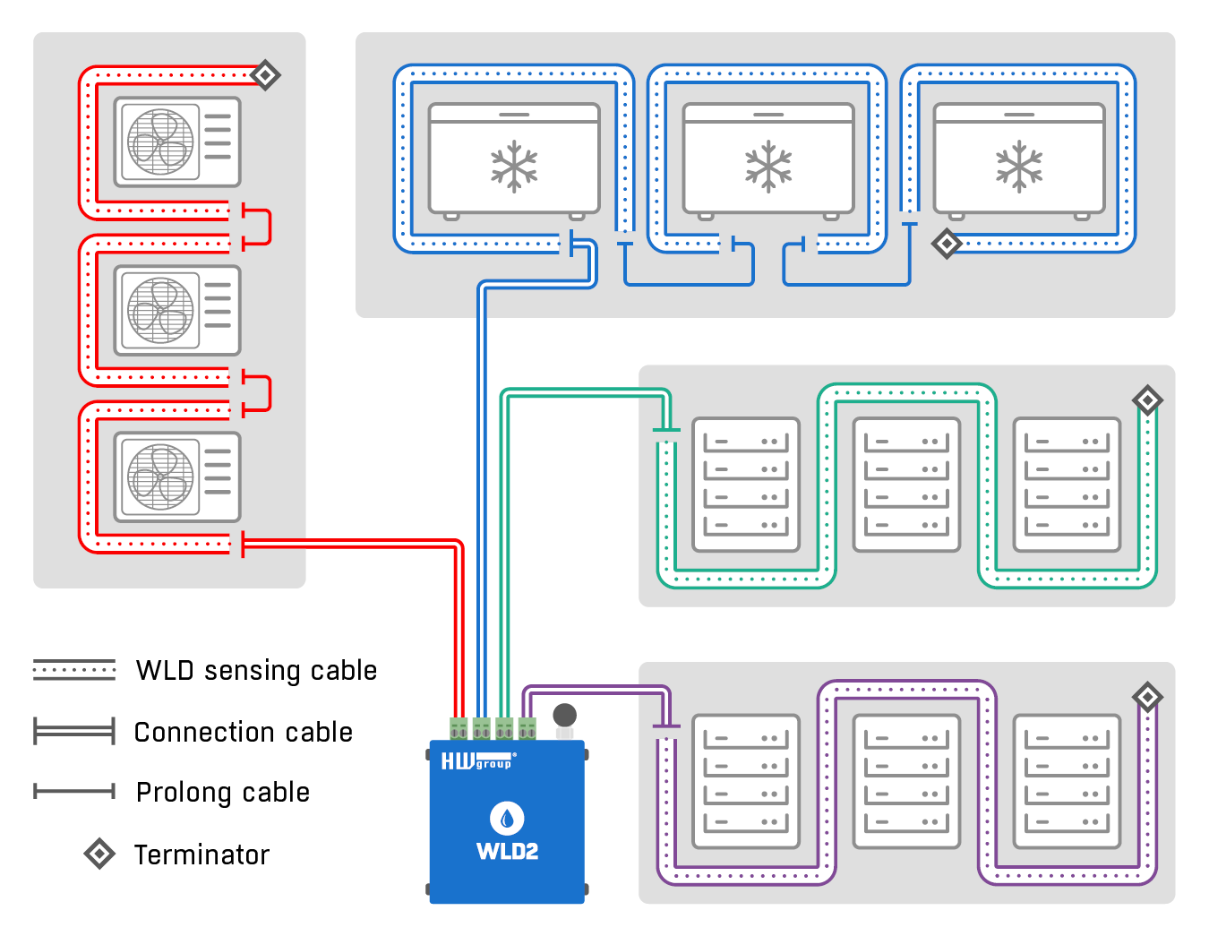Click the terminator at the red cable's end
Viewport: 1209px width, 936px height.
pyautogui.click(x=265, y=74)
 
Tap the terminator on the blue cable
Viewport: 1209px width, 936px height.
pyautogui.click(x=947, y=243)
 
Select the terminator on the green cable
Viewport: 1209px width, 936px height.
pyautogui.click(x=1147, y=399)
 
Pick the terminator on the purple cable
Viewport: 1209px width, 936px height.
pyautogui.click(x=1147, y=697)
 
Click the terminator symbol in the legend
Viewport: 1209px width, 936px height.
pyautogui.click(x=99, y=854)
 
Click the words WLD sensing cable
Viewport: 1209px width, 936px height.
pyautogui.click(x=256, y=671)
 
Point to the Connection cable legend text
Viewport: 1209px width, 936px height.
pyautogui.click(x=243, y=733)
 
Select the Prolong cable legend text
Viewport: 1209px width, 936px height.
pyautogui.click(x=223, y=793)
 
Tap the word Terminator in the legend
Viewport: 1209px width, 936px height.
pyautogui.click(x=201, y=855)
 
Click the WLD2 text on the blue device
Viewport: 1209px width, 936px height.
pyautogui.click(x=507, y=852)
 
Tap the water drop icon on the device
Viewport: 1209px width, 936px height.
pyautogui.click(x=507, y=818)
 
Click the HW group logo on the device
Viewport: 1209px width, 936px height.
pyautogui.click(x=477, y=762)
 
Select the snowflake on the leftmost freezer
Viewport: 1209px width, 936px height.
pyautogui.click(x=514, y=167)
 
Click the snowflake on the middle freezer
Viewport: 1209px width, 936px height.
pyautogui.click(x=768, y=167)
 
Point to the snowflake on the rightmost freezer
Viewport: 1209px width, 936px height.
pyautogui.click(x=1019, y=167)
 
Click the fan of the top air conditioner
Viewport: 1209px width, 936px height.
pyautogui.click(x=161, y=142)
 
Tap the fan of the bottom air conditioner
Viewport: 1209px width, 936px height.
pyautogui.click(x=161, y=477)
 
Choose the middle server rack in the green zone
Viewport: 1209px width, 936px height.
pyautogui.click(x=906, y=485)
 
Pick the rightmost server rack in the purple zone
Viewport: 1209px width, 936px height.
pyautogui.click(x=1067, y=781)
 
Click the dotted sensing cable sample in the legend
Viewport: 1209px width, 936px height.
pyautogui.click(x=74, y=670)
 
